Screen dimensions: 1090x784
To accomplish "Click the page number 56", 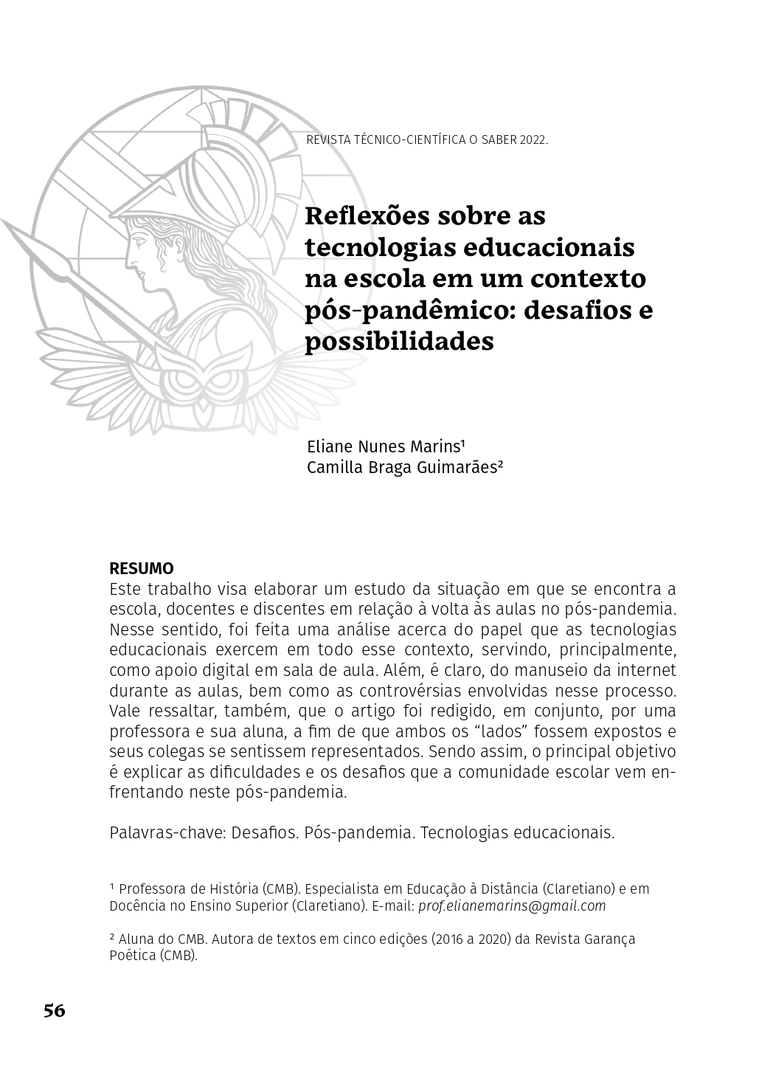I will coord(55,1010).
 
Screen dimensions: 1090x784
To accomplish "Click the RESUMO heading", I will coord(142,569).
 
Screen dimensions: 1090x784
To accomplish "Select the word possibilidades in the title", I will coord(399,342).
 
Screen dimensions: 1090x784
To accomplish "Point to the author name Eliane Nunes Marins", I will coord(385,447).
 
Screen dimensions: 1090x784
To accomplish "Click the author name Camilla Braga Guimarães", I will coord(404,467).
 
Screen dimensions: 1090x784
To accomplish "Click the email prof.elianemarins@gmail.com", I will coord(512,906).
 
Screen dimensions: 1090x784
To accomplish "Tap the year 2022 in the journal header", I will coord(533,139).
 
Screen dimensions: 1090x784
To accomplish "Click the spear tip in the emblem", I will coord(22,240).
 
